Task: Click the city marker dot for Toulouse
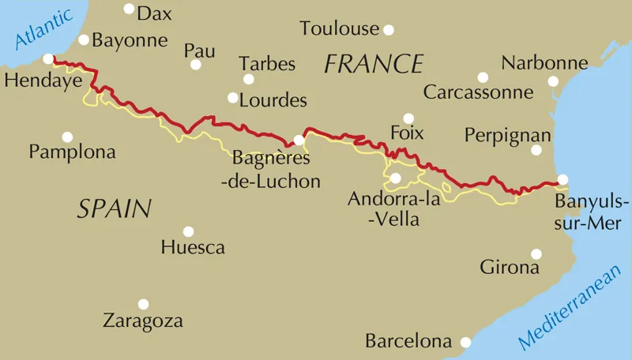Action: (x=389, y=30)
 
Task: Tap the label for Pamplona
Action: (x=72, y=152)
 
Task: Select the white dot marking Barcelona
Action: (x=466, y=342)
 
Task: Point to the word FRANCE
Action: (x=374, y=64)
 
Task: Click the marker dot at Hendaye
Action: (x=48, y=58)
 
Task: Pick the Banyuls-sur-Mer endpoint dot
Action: (x=562, y=179)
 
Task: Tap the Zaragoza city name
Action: (x=143, y=321)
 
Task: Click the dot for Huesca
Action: (x=188, y=231)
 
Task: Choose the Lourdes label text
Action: (x=273, y=101)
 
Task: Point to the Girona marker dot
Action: (x=536, y=253)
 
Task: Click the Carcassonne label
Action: (x=479, y=92)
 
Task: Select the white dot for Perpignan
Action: (x=536, y=150)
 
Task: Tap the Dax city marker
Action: (x=129, y=9)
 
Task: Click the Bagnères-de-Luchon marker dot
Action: (x=299, y=141)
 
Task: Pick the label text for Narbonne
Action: (x=544, y=62)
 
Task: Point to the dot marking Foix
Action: (x=408, y=118)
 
